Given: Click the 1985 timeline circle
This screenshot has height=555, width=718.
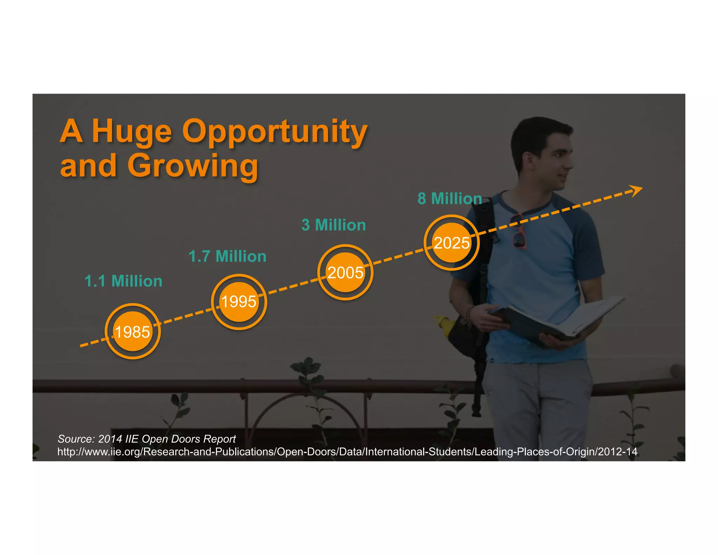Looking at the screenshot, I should click(x=133, y=332).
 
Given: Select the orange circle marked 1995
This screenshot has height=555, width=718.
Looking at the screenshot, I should click(x=239, y=302).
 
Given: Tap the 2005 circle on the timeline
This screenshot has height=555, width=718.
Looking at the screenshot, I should click(x=345, y=272).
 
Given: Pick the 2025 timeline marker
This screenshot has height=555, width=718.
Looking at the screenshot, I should click(x=452, y=243).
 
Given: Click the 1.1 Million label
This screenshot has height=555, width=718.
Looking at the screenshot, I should click(x=123, y=281).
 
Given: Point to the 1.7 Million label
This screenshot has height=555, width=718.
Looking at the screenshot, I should click(x=228, y=256).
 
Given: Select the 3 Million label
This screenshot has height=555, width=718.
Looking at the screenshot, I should click(x=333, y=225).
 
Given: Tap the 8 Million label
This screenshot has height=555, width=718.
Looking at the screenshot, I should click(x=449, y=199).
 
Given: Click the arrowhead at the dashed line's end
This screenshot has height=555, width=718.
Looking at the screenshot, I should click(x=636, y=190).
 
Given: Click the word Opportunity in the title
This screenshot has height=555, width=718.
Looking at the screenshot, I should click(x=275, y=132).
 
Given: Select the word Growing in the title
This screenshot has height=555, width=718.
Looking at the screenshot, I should click(x=192, y=166).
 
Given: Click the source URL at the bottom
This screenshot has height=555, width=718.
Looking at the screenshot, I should click(x=347, y=452).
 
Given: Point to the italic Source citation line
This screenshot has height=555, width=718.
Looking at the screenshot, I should click(x=147, y=439).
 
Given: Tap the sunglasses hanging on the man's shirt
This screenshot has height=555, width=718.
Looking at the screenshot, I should click(x=518, y=232).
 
